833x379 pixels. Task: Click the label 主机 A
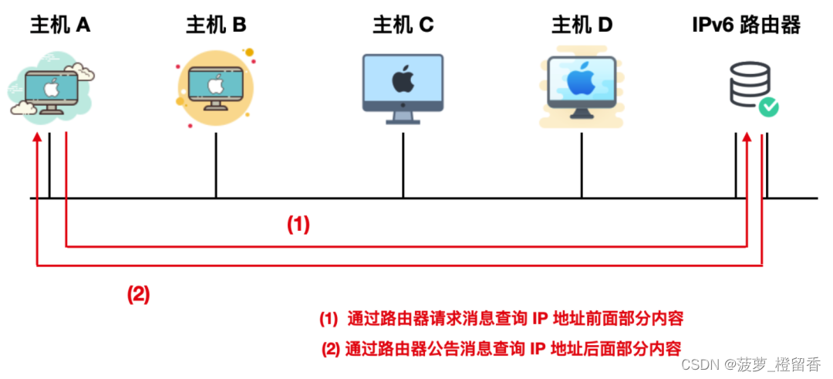[x=60, y=25]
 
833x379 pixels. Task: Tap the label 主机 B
[x=216, y=25]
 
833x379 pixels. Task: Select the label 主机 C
[x=403, y=25]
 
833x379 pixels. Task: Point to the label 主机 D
[x=582, y=25]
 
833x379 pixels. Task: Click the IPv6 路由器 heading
[x=746, y=25]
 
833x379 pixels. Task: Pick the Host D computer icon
[x=581, y=86]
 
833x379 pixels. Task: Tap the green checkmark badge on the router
[x=768, y=107]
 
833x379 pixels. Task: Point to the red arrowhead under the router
[x=747, y=138]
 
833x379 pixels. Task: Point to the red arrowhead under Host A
[x=36, y=138]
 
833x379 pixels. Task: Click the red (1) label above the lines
[x=298, y=225]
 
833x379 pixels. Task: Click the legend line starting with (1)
[x=501, y=318]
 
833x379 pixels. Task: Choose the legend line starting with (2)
[x=501, y=347]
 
